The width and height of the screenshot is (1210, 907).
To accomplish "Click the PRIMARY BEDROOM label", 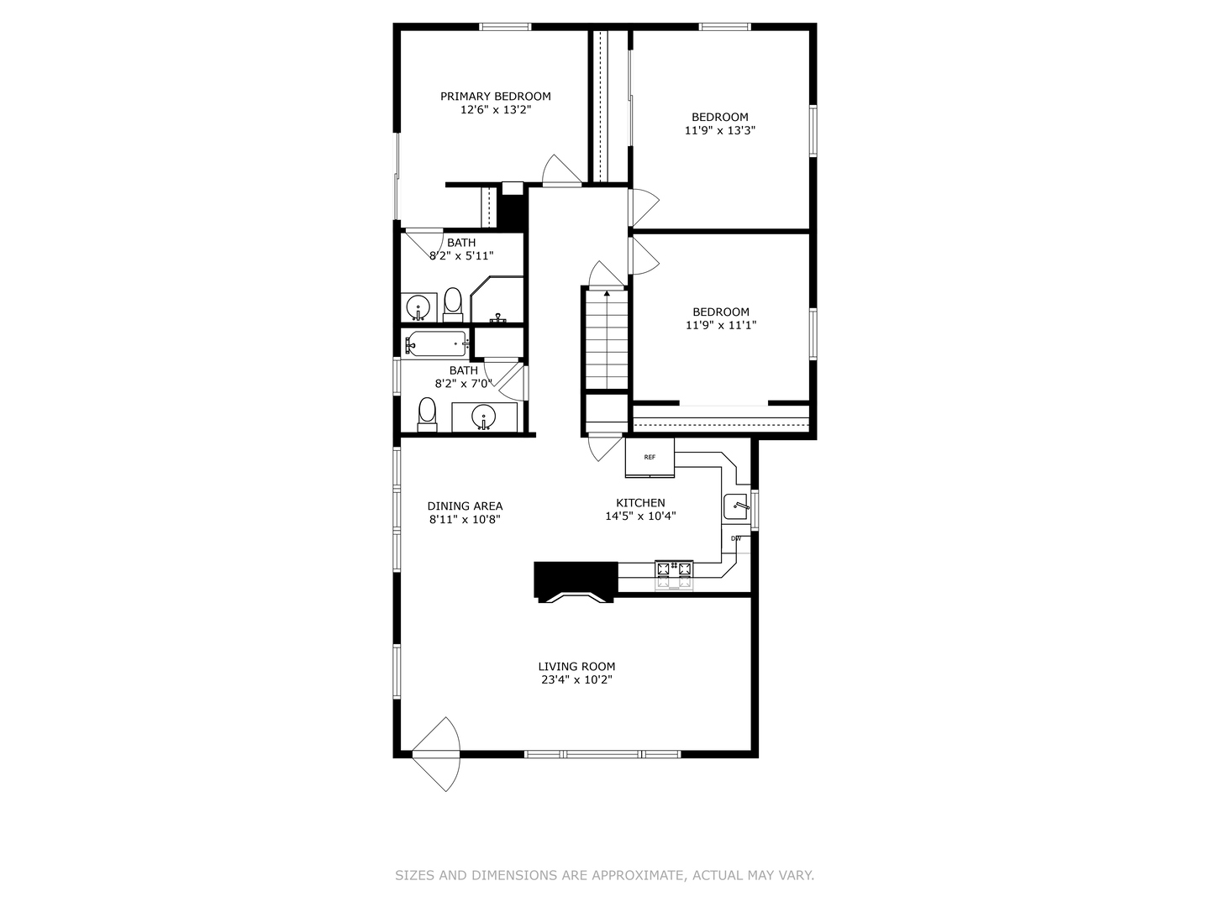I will click(495, 97).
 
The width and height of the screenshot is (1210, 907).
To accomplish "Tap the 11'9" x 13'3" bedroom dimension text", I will click(719, 130).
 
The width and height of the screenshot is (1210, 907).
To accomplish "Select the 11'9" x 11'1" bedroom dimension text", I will click(720, 325).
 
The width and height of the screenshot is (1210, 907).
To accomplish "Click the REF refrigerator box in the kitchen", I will click(650, 458).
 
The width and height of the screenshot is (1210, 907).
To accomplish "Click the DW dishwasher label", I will click(736, 538).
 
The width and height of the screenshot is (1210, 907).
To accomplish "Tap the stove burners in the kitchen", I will click(674, 569).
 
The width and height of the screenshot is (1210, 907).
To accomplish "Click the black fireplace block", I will click(575, 580).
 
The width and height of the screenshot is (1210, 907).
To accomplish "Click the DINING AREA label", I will click(465, 506).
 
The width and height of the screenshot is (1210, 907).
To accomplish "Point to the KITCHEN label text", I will click(640, 503).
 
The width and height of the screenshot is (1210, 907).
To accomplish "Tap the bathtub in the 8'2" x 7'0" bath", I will click(436, 343).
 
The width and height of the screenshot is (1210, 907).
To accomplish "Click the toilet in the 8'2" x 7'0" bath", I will click(428, 414).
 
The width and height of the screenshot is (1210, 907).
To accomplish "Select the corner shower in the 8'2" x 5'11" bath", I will click(497, 301).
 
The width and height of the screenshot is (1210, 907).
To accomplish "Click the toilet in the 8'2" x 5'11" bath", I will click(453, 303).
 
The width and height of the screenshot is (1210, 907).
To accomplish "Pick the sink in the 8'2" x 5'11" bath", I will click(418, 307).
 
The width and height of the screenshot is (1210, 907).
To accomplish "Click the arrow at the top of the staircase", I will click(607, 293).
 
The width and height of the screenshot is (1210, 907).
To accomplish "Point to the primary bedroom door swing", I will click(561, 170).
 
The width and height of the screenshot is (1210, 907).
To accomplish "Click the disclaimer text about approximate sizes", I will click(604, 875).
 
